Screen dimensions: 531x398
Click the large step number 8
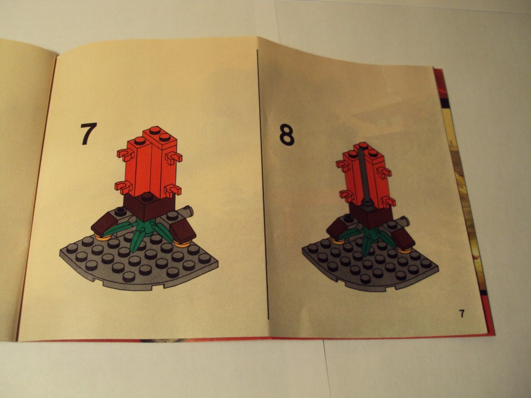coord(287,135)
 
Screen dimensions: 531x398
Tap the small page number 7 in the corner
coord(462,314)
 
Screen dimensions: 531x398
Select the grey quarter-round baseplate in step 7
coord(139,264)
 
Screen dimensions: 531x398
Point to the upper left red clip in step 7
coord(125,154)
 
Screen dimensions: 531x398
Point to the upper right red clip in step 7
coord(174,158)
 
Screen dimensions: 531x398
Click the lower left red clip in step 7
coord(123,187)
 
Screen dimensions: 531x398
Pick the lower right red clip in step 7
coord(173,190)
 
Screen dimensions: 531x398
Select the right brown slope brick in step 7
coord(183,231)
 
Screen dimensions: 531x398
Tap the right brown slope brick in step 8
coord(403,239)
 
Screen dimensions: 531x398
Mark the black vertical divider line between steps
coord(262,184)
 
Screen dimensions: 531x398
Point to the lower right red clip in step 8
coord(387,202)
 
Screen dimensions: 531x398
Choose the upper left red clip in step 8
coord(343,165)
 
